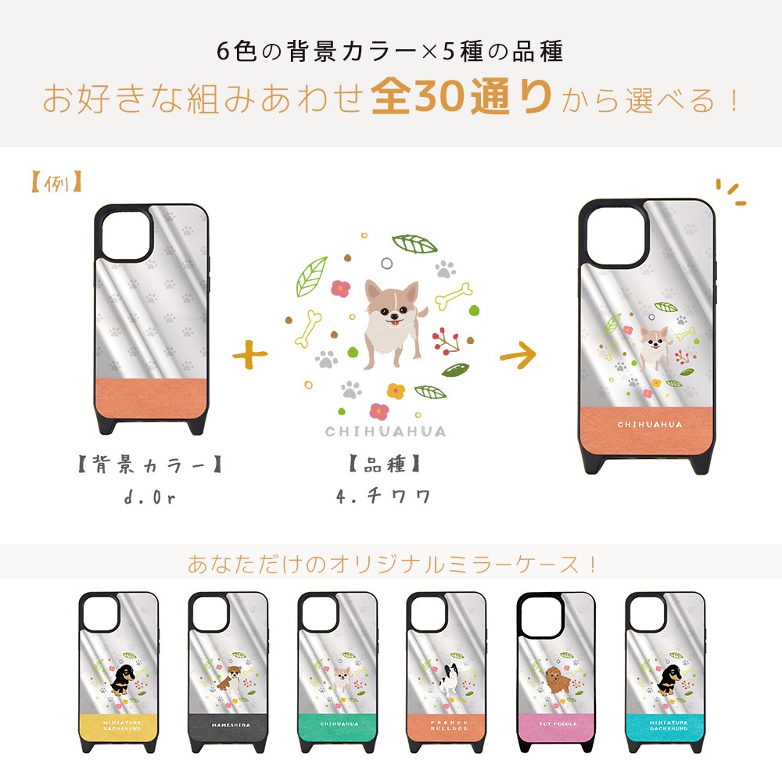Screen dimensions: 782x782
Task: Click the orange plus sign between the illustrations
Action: pos(249,353)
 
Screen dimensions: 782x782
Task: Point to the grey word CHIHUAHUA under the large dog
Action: pos(386,432)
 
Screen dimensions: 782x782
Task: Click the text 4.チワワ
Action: pos(385,495)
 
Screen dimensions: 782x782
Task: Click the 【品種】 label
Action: pos(385,466)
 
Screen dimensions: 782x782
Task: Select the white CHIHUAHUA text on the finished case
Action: pos(650,425)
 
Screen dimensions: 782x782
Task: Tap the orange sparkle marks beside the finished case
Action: pos(731,192)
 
